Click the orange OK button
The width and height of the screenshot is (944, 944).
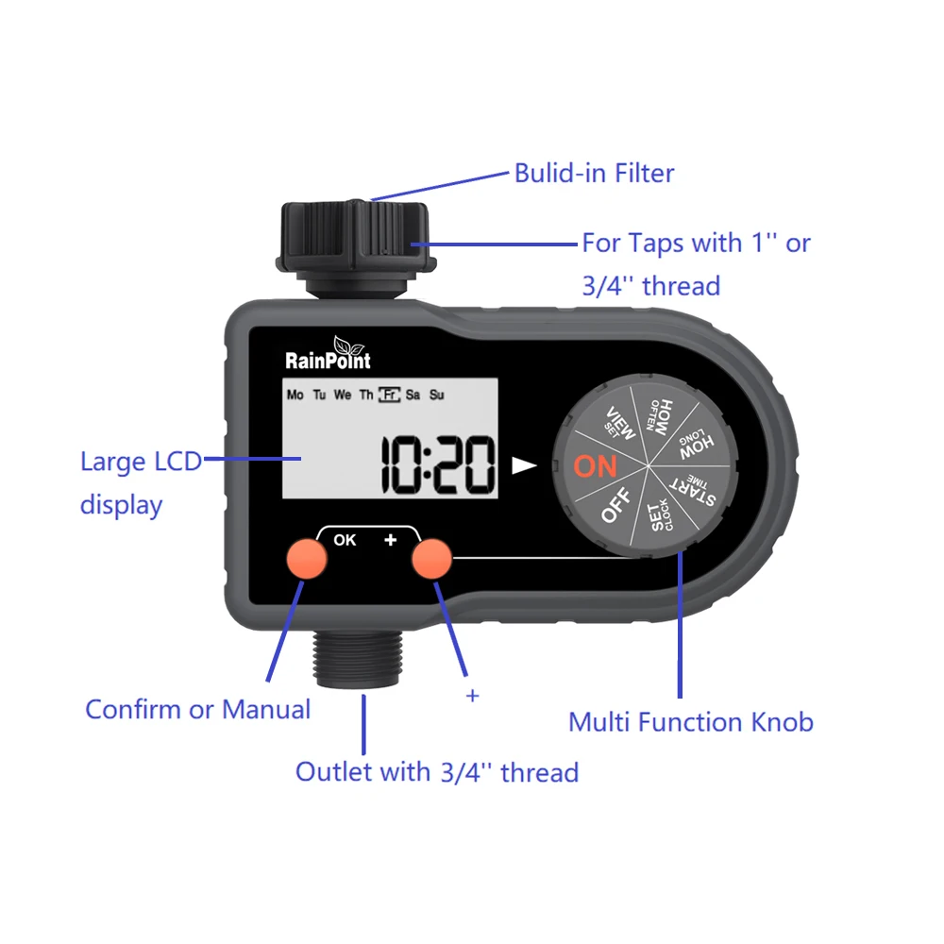pyautogui.click(x=307, y=559)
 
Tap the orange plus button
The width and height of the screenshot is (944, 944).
pyautogui.click(x=432, y=559)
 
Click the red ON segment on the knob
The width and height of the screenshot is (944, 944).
pyautogui.click(x=595, y=466)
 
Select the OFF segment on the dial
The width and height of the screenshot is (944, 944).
pyautogui.click(x=615, y=507)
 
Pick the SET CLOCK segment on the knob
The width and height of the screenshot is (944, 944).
pyautogui.click(x=661, y=519)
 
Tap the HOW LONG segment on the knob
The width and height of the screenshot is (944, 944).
pyautogui.click(x=696, y=440)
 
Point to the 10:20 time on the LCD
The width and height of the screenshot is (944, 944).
pyautogui.click(x=438, y=466)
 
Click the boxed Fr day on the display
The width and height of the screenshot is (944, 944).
pyautogui.click(x=388, y=396)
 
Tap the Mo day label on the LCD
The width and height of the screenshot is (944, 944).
pyautogui.click(x=295, y=396)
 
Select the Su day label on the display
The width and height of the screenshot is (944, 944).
pyautogui.click(x=437, y=396)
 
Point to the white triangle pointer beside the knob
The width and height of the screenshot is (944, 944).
pyautogui.click(x=523, y=465)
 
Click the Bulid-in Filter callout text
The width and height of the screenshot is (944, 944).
pyautogui.click(x=594, y=174)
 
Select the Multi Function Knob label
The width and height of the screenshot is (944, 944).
pyautogui.click(x=690, y=722)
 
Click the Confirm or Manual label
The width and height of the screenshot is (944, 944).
pyautogui.click(x=197, y=709)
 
